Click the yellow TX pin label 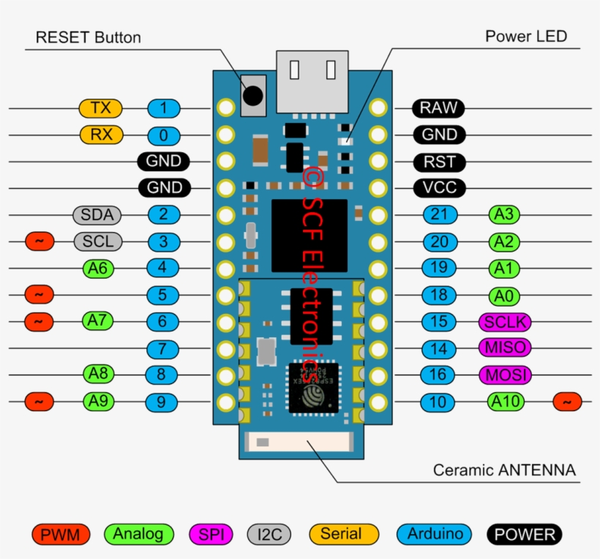click(101, 108)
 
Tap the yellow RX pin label click(101, 135)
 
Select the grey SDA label click(97, 214)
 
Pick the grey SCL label click(98, 241)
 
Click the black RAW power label click(438, 108)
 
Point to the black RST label click(439, 162)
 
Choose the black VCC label click(439, 188)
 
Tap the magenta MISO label click(504, 348)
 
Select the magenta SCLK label click(504, 321)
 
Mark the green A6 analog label click(99, 268)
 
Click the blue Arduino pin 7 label click(162, 348)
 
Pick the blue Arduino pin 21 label click(439, 214)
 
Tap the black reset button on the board click(253, 95)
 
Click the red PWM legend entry click(60, 535)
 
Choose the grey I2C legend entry click(270, 535)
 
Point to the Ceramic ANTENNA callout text click(504, 470)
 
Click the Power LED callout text click(526, 37)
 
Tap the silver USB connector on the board click(312, 81)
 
